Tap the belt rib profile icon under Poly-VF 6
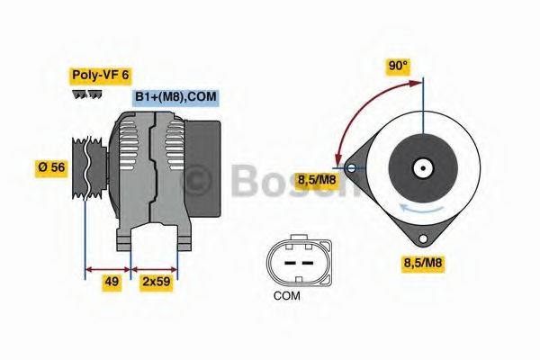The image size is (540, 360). pyautogui.click(x=85, y=94)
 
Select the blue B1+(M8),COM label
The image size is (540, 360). pyautogui.click(x=175, y=97)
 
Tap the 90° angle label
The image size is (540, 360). pyautogui.click(x=398, y=66)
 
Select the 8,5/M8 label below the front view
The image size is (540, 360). pyautogui.click(x=421, y=263)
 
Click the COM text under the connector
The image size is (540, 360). pyautogui.click(x=287, y=295)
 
